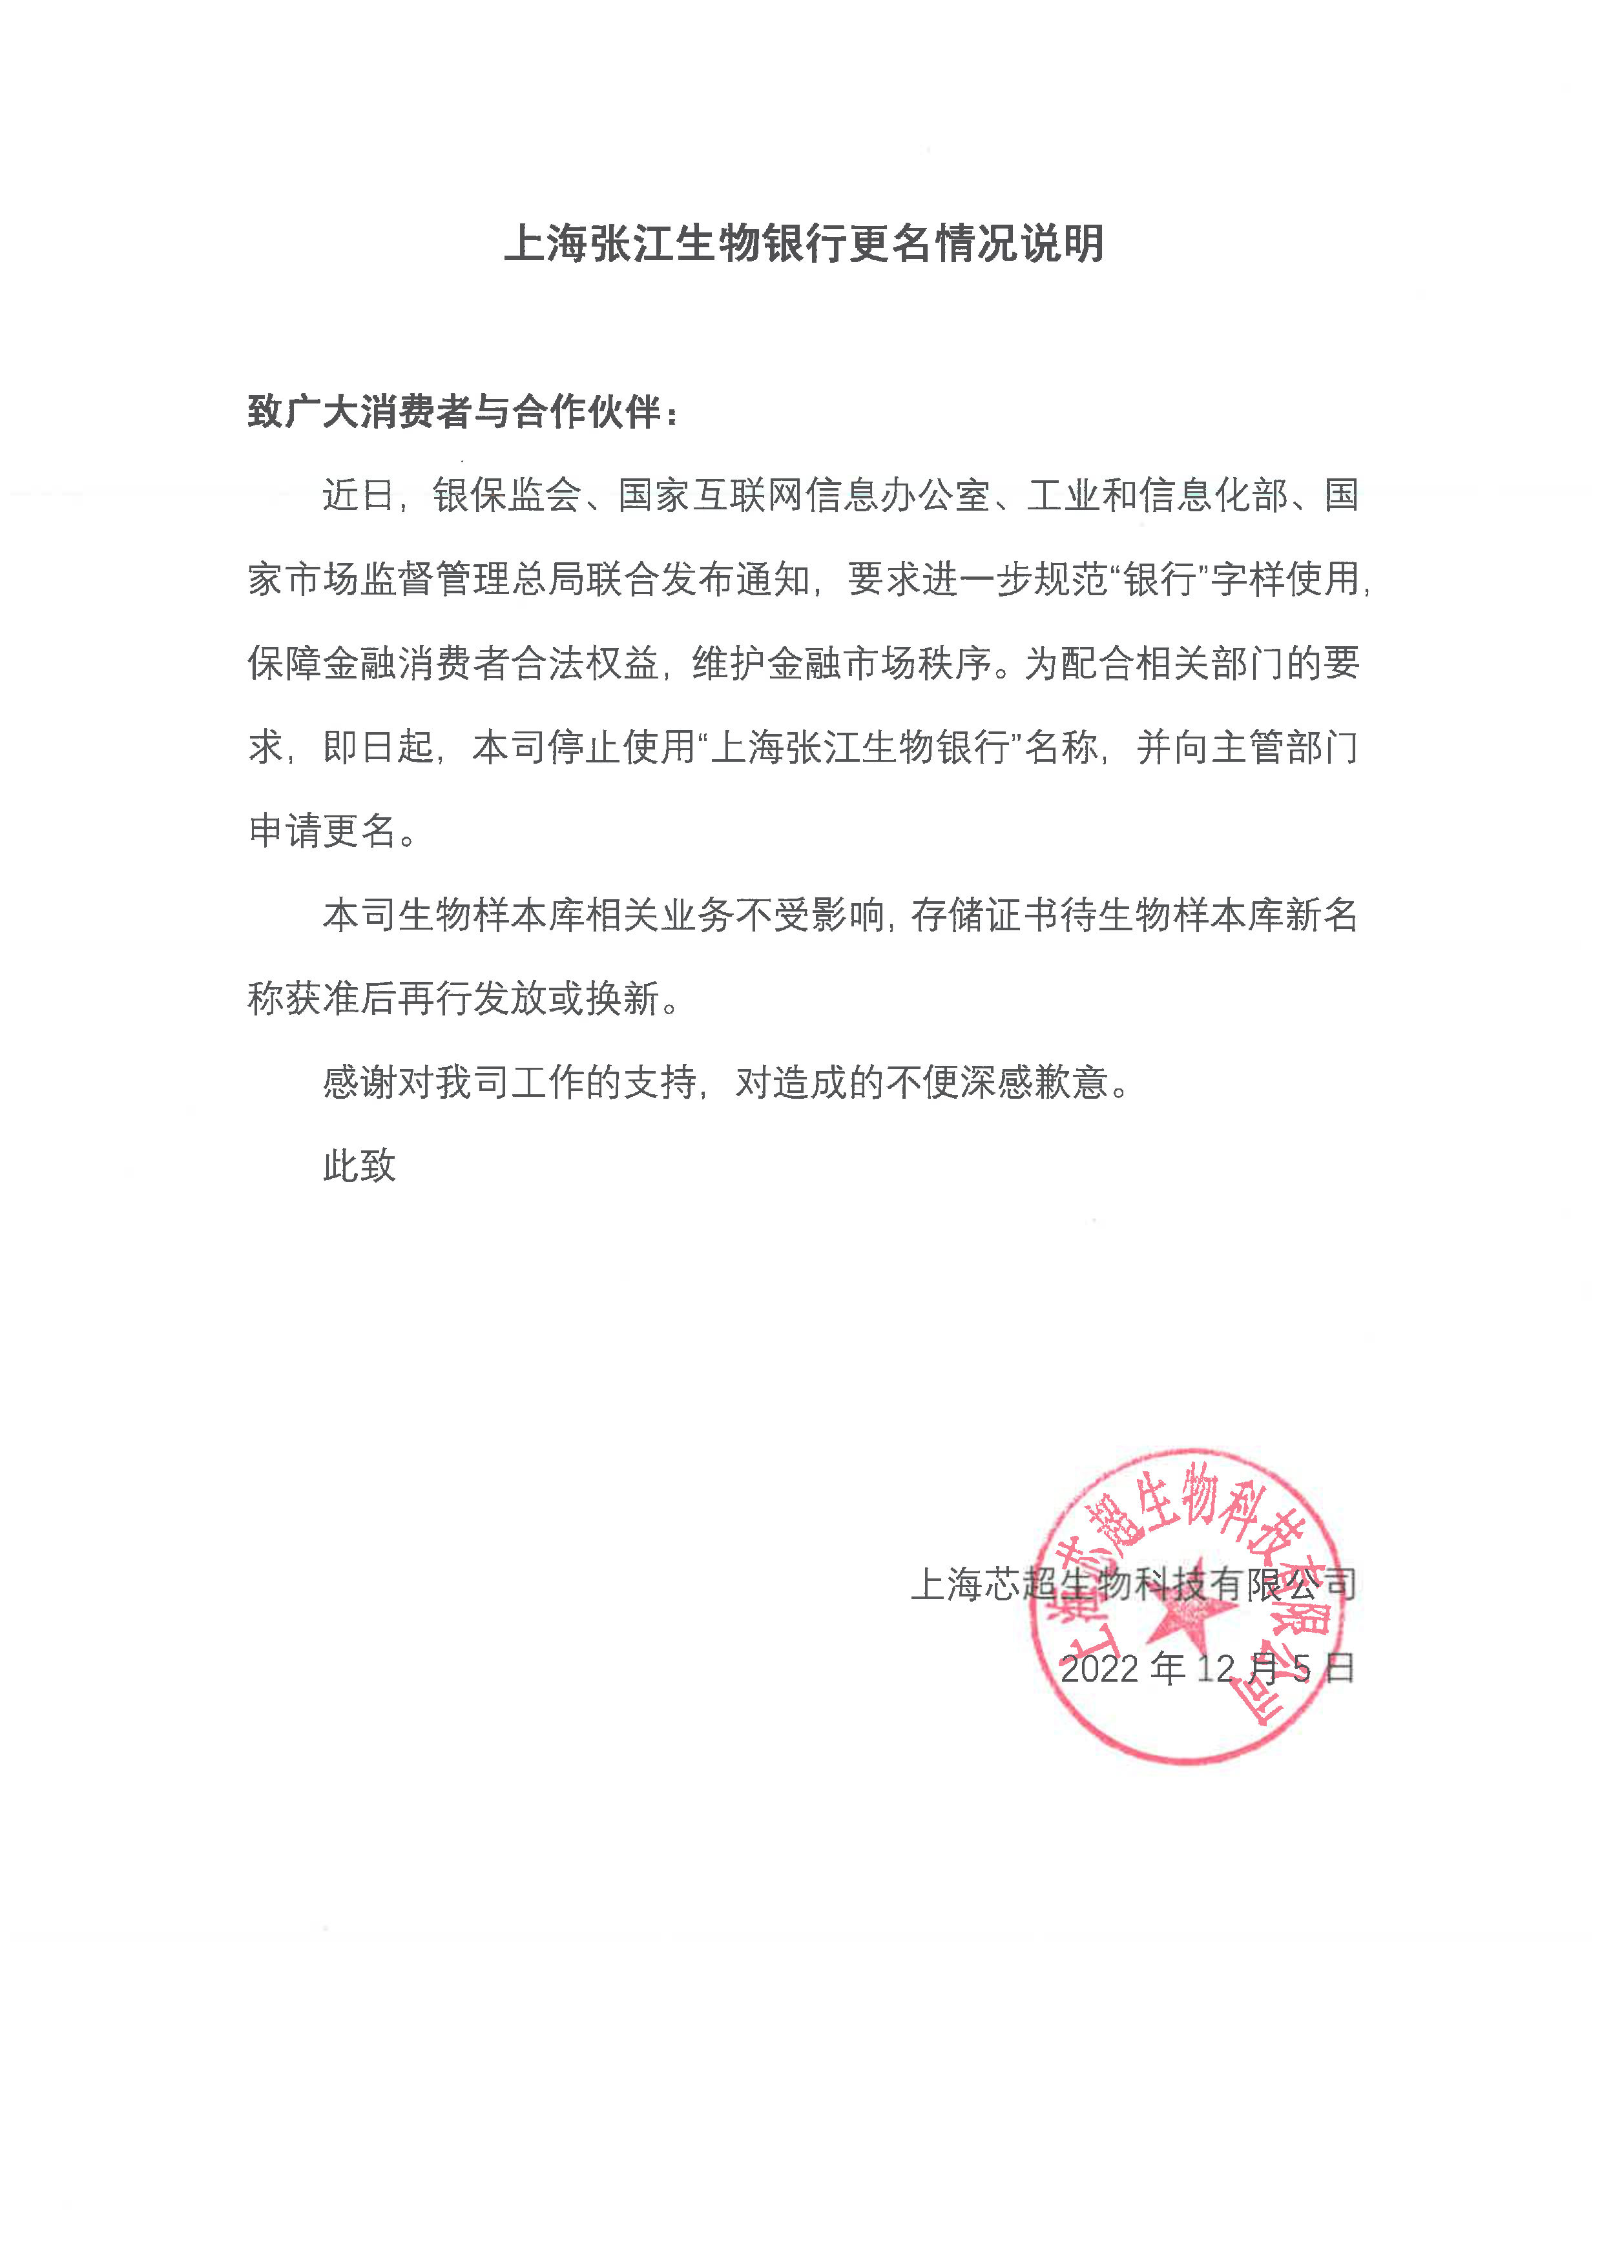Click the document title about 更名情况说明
pyautogui.click(x=804, y=243)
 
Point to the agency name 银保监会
pyautogui.click(x=507, y=495)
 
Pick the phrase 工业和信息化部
pyautogui.click(x=1157, y=495)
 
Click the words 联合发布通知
pyautogui.click(x=696, y=579)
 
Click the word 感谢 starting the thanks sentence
pyautogui.click(x=359, y=1083)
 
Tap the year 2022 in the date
pyautogui.click(x=1099, y=1668)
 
